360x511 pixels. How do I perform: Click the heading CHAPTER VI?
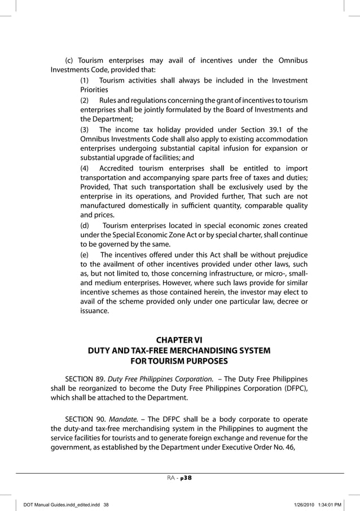(x=179, y=340)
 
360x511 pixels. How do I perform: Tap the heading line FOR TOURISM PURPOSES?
(x=179, y=361)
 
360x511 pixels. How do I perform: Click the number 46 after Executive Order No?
(x=287, y=449)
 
